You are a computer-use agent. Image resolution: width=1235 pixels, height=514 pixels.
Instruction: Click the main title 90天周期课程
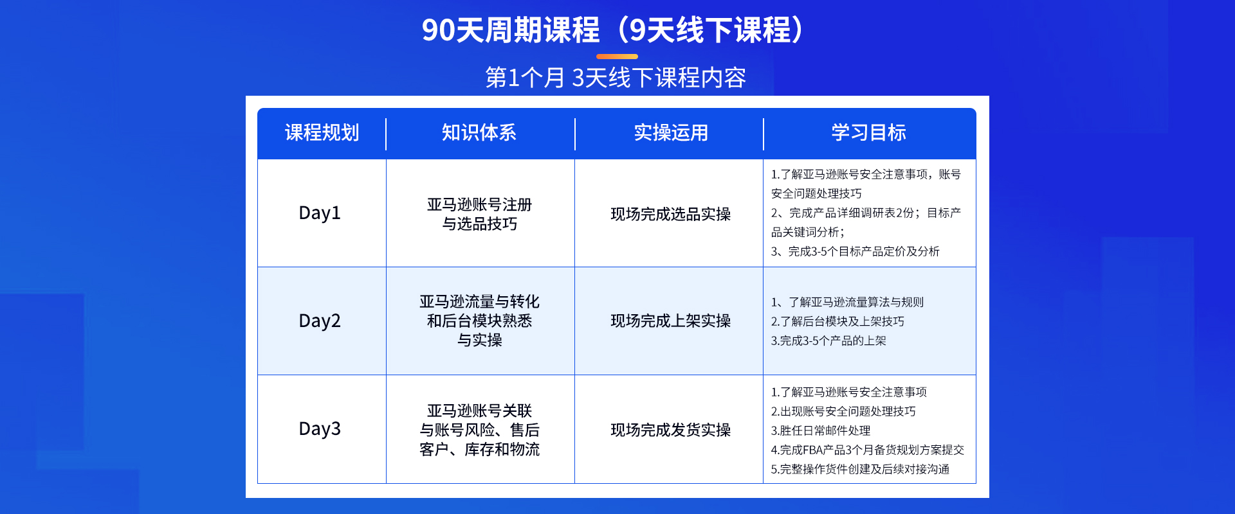point(511,30)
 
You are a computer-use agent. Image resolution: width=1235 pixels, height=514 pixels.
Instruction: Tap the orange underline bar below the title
point(617,57)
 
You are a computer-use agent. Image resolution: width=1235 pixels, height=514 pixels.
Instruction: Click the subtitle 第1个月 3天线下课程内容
point(616,78)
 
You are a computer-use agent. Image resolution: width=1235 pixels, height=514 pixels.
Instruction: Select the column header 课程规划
point(322,132)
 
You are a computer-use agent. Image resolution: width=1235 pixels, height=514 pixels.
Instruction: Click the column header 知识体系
point(479,132)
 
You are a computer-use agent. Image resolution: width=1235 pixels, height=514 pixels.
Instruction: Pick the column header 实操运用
point(671,132)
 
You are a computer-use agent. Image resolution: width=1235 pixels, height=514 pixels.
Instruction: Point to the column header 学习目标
point(869,132)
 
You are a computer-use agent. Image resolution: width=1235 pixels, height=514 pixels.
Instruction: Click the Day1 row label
point(320,213)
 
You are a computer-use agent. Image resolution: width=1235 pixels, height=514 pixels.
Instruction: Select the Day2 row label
point(320,321)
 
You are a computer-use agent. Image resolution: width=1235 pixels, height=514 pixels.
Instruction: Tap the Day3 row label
point(320,429)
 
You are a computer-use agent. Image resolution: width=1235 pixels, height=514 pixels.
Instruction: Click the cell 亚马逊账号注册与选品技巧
point(480,214)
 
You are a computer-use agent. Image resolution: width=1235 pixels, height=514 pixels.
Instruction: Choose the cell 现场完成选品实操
point(671,214)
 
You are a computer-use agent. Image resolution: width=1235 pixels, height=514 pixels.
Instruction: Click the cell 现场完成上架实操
point(671,321)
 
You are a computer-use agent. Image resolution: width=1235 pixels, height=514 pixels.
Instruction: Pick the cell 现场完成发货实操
point(671,430)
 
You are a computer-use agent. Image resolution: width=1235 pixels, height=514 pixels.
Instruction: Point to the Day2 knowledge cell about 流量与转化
point(480,321)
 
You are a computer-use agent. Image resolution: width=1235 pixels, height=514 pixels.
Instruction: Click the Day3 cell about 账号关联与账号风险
point(480,430)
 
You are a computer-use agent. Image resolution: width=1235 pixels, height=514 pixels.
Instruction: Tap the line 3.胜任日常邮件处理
point(821,430)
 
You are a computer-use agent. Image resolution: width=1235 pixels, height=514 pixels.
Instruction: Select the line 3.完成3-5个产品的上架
point(828,341)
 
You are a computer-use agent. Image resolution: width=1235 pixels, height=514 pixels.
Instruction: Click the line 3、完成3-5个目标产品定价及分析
point(855,251)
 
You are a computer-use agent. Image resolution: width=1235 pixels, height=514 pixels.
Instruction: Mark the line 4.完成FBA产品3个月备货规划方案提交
point(868,450)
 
